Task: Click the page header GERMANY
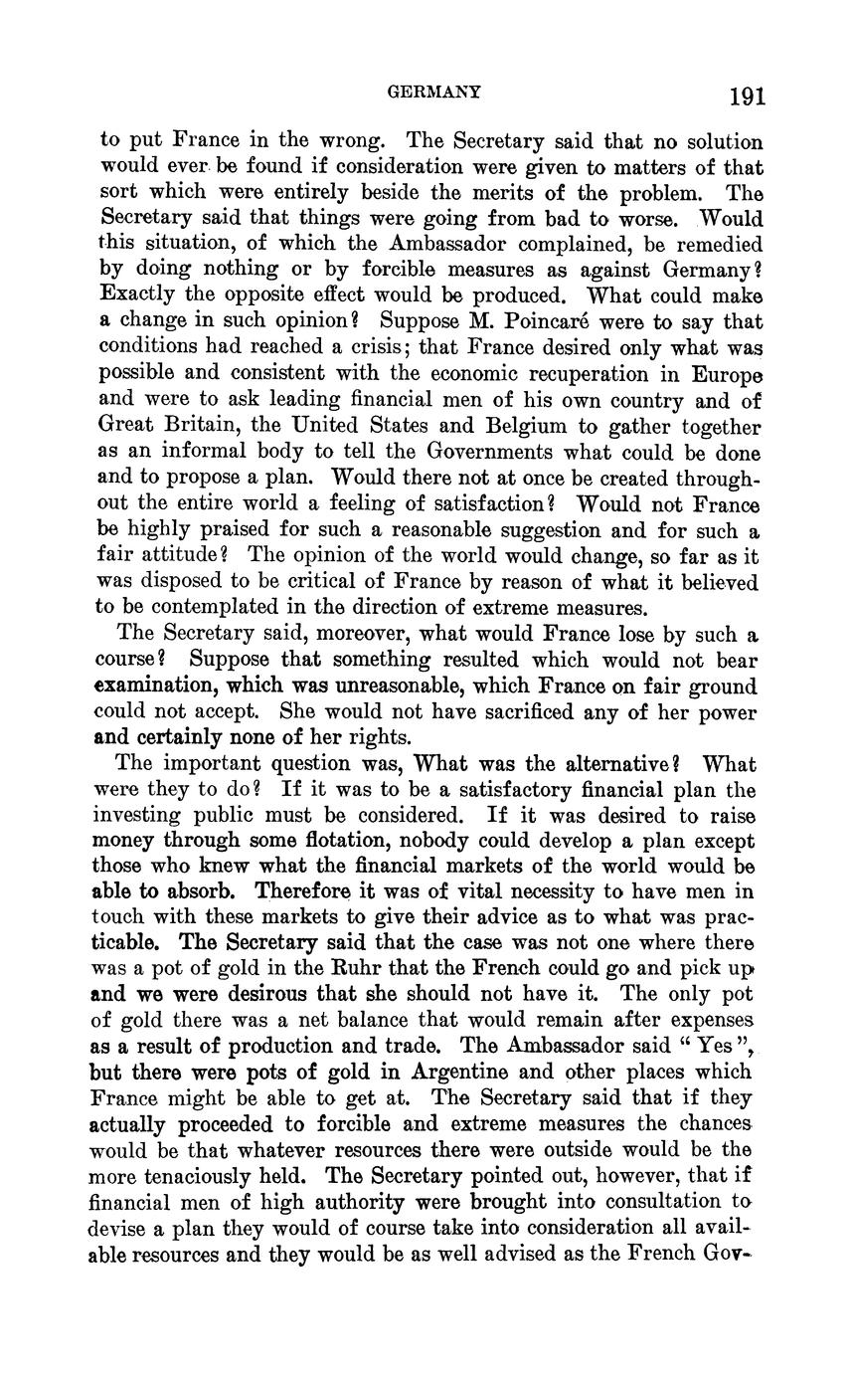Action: click(433, 93)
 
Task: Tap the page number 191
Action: click(747, 97)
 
